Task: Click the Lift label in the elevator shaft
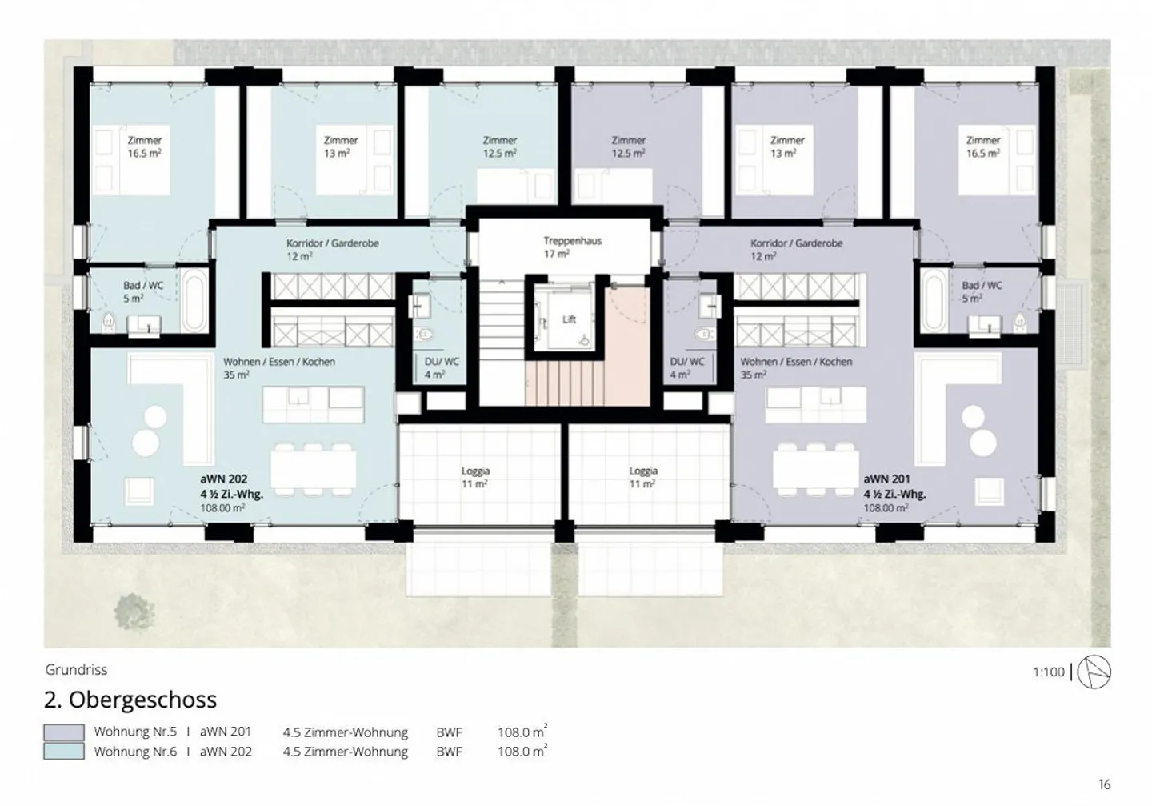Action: pos(569,319)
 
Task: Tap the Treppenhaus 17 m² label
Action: pos(572,247)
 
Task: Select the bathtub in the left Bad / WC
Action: pos(195,302)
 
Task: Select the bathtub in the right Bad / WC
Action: pos(934,302)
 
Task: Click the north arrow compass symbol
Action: pos(1094,672)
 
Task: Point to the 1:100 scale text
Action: pos(1049,672)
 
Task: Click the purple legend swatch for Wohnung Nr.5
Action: pos(64,732)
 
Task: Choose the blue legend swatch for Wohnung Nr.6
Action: pos(64,752)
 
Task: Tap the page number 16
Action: pos(1104,784)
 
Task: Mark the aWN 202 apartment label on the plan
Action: pos(224,479)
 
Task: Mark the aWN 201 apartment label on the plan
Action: pos(886,479)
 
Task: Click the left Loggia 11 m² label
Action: pos(474,477)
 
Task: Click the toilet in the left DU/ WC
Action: pos(425,335)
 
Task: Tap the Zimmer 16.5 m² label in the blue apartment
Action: pos(145,146)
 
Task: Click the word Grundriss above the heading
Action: pos(76,670)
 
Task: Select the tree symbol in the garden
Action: pos(134,612)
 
